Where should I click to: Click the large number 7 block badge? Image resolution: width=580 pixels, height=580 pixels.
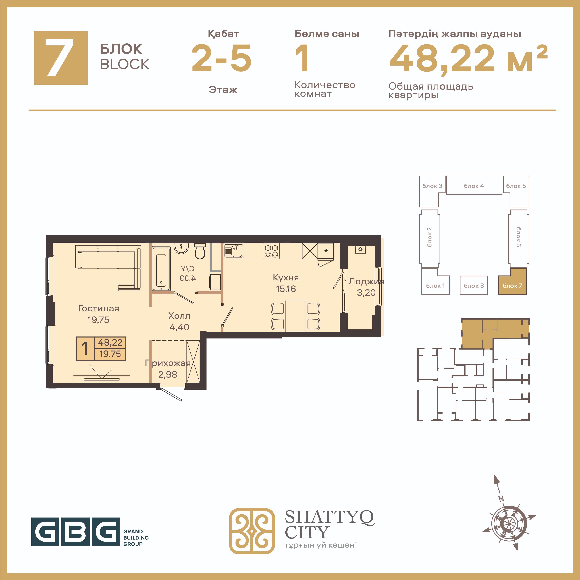pyautogui.click(x=61, y=58)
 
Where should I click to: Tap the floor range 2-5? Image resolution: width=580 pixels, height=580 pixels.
pyautogui.click(x=222, y=58)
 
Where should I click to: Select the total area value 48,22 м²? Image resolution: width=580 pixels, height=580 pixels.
pyautogui.click(x=468, y=58)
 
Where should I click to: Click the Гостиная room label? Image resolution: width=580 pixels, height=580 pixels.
pyautogui.click(x=98, y=308)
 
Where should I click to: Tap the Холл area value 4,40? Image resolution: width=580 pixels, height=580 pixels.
pyautogui.click(x=179, y=327)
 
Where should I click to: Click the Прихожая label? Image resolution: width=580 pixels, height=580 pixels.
pyautogui.click(x=168, y=363)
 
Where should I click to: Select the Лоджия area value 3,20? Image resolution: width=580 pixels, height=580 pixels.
pyautogui.click(x=366, y=293)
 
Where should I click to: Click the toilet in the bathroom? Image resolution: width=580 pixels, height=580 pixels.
pyautogui.click(x=200, y=251)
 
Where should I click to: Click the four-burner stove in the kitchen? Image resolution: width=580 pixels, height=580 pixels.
pyautogui.click(x=271, y=251)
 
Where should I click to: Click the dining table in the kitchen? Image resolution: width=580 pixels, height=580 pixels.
pyautogui.click(x=296, y=316)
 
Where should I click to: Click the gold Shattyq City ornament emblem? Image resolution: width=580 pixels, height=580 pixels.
pyautogui.click(x=252, y=531)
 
